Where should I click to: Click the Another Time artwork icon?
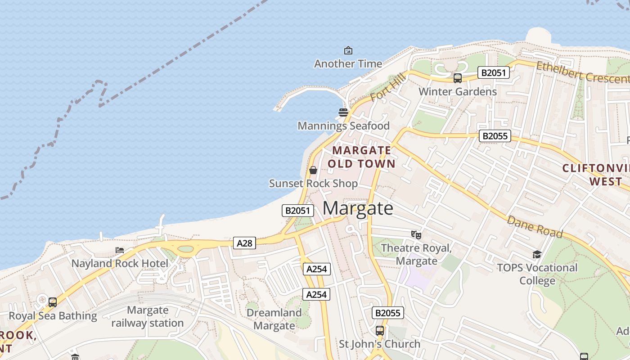(348, 50)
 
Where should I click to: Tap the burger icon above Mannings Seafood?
(343, 112)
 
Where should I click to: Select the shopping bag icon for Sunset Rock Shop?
(313, 170)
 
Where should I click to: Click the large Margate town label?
(358, 208)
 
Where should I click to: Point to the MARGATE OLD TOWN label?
(361, 157)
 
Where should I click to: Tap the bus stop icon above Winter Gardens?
(458, 78)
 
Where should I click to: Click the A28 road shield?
(245, 243)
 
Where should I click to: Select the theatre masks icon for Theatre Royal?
(416, 234)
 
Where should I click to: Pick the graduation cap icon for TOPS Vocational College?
(537, 255)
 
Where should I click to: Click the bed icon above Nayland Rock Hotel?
(120, 250)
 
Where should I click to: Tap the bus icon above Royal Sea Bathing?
(53, 302)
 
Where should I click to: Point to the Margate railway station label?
(148, 316)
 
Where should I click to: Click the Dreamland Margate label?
(274, 319)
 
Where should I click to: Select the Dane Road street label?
(535, 226)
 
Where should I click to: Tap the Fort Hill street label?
(388, 88)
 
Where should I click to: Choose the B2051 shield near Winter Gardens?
(494, 72)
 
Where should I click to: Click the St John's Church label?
(379, 344)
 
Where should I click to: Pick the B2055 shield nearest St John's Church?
(388, 313)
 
